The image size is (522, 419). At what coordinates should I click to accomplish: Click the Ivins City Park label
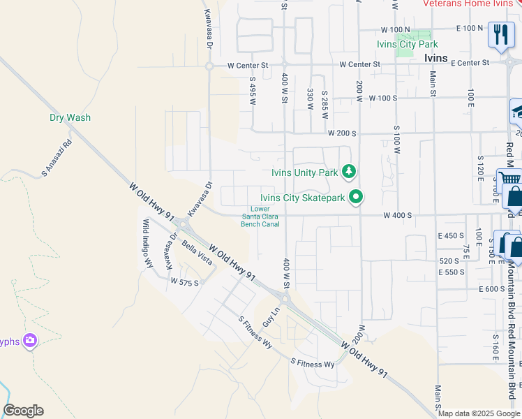(407, 45)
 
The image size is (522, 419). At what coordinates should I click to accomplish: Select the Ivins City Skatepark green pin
(356, 198)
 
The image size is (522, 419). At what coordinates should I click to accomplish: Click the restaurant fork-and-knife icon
(500, 34)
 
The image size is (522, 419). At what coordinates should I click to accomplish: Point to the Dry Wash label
(70, 118)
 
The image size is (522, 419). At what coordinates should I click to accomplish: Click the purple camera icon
(30, 341)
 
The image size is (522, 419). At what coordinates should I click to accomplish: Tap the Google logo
(23, 411)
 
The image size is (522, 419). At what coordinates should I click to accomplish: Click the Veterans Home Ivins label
(468, 3)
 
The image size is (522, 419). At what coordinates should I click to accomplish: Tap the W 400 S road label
(397, 216)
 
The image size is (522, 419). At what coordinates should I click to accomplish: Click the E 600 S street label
(491, 289)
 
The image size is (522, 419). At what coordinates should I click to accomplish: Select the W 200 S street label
(343, 132)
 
